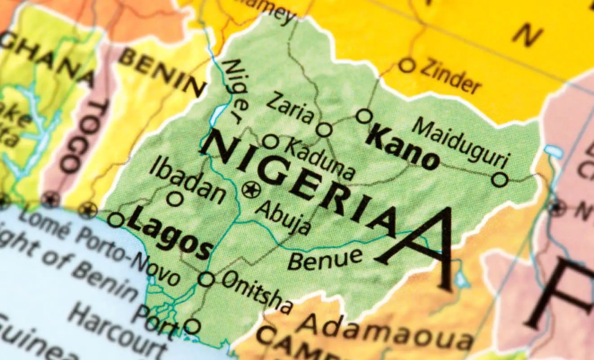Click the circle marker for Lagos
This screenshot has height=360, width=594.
point(115,220)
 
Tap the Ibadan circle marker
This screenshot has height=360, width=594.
point(175,198)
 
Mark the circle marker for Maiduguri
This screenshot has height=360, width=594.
point(499,179)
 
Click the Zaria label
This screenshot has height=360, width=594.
point(290,108)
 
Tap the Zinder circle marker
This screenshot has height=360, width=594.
point(406,66)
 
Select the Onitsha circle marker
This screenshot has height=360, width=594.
point(206,279)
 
